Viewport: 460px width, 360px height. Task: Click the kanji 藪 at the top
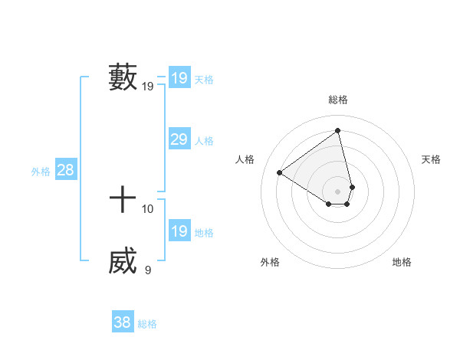tap(123, 77)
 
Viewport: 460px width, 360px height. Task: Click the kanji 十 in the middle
tap(123, 201)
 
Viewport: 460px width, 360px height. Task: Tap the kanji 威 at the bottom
tap(123, 262)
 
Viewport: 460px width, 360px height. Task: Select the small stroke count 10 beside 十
tap(148, 208)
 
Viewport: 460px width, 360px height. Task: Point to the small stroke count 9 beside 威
tap(148, 270)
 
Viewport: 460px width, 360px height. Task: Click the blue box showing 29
tap(179, 139)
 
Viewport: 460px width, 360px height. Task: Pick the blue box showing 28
tap(65, 170)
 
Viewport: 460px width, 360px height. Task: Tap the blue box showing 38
tap(122, 322)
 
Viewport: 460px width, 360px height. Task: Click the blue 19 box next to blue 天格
tap(179, 78)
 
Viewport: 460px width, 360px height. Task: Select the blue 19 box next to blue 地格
tap(179, 231)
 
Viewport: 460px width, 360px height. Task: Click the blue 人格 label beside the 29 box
tap(204, 141)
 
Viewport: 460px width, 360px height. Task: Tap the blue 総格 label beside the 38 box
tap(147, 324)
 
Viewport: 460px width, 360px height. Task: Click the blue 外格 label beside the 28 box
tap(41, 172)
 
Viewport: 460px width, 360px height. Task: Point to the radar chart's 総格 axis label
tap(338, 100)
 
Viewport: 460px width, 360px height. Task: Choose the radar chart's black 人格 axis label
tap(245, 159)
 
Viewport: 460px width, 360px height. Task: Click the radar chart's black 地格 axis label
tap(402, 262)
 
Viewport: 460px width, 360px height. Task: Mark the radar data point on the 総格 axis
tap(338, 131)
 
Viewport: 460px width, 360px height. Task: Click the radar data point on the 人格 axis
tap(280, 173)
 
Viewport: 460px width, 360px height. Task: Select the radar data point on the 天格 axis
tap(352, 187)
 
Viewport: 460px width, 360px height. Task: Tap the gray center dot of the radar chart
tap(338, 191)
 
